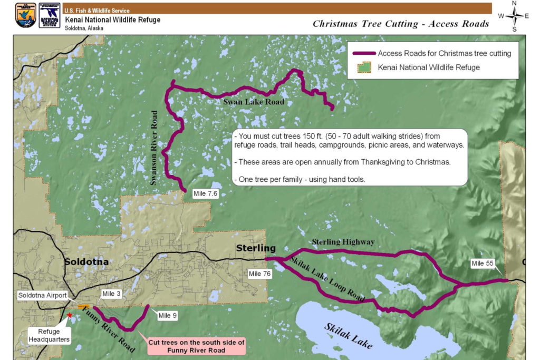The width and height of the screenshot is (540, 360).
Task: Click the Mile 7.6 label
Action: click(206, 194)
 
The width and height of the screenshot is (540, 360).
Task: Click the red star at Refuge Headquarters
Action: click(70, 315)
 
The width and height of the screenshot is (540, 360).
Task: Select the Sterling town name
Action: click(256, 248)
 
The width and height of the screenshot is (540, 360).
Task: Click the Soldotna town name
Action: click(86, 262)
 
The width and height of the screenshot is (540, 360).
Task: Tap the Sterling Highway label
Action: click(343, 242)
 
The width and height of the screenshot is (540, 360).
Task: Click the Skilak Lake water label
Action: click(349, 336)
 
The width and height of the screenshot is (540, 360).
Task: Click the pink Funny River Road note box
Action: click(196, 346)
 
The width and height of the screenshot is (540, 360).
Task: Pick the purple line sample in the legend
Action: click(363, 54)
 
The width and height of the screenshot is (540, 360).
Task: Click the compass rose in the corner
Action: click(514, 15)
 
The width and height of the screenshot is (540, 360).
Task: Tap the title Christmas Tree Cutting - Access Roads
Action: click(401, 24)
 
